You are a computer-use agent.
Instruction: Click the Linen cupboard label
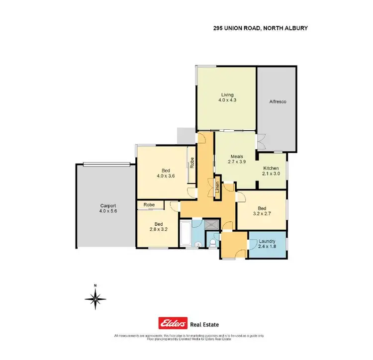pos(217,186)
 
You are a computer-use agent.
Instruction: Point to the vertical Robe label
pos(191,163)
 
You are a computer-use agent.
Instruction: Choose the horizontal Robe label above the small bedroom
pos(149,204)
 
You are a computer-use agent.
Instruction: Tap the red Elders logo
pos(173,324)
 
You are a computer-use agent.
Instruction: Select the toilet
pos(213,242)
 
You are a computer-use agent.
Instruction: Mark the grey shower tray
pos(212,224)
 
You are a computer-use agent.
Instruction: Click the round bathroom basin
pos(197,244)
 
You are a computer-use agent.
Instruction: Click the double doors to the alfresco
pos(261,141)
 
